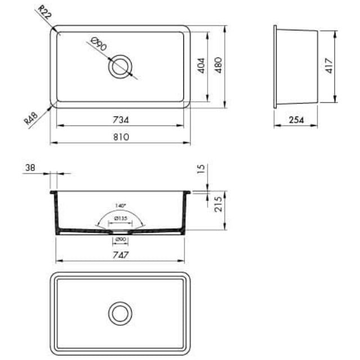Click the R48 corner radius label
coord(31,120)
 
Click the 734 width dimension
coord(121,120)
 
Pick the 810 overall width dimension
coord(121,137)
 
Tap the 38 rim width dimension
coord(30,168)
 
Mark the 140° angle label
coord(120,205)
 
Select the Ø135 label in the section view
coord(120,218)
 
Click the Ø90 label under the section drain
coord(120,240)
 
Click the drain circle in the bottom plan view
coord(120,313)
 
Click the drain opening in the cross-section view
coord(120,231)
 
